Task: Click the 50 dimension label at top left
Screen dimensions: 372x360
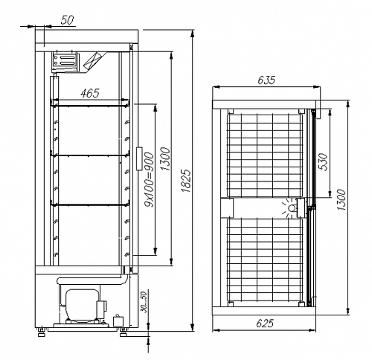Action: click(68, 20)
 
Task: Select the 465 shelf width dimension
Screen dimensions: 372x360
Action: click(90, 93)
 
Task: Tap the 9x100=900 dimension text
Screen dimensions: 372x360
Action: click(150, 179)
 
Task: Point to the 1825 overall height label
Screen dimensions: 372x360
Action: click(186, 181)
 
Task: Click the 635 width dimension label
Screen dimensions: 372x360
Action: click(266, 80)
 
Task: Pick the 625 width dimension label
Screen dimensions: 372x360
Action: click(265, 323)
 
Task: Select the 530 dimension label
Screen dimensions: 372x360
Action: click(324, 161)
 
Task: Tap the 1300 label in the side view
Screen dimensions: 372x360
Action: click(165, 158)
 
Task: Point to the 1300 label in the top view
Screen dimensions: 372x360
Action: click(341, 200)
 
